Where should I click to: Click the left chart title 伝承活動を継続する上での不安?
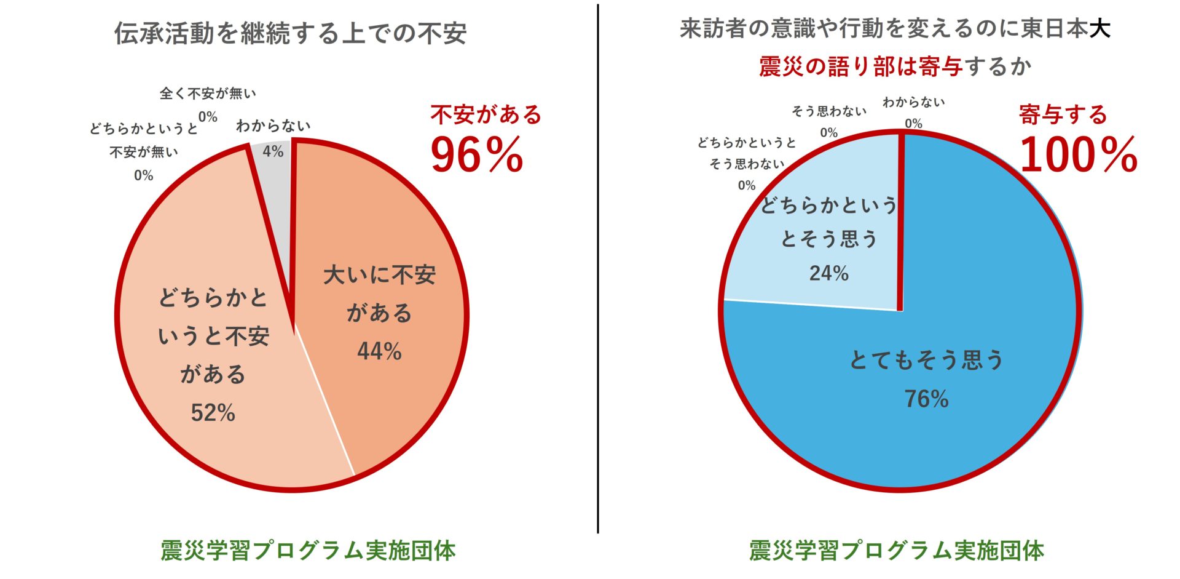tap(290, 33)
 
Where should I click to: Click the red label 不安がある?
tap(486, 115)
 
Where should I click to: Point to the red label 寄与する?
tap(1063, 115)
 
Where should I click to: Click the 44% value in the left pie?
tap(379, 352)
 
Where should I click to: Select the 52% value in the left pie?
tap(213, 413)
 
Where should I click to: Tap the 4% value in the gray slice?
tap(273, 151)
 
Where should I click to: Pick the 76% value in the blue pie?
tap(926, 399)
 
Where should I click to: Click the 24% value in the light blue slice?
tap(828, 273)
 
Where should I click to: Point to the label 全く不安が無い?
tap(208, 94)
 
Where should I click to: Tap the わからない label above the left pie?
tap(273, 126)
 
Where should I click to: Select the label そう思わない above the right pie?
tap(828, 111)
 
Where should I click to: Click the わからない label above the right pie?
tap(913, 103)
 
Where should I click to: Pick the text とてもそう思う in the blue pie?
tap(926, 360)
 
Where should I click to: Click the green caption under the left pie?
tap(308, 550)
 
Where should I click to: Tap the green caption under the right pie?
tap(896, 550)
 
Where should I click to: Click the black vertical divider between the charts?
tap(597, 271)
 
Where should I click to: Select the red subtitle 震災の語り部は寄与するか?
tap(894, 66)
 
